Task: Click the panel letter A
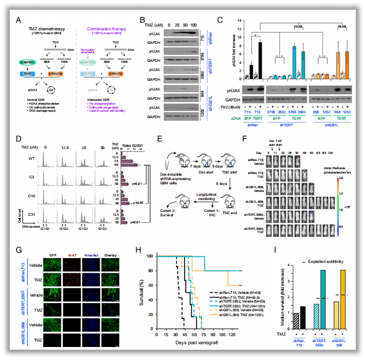pyautogui.click(x=18, y=20)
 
